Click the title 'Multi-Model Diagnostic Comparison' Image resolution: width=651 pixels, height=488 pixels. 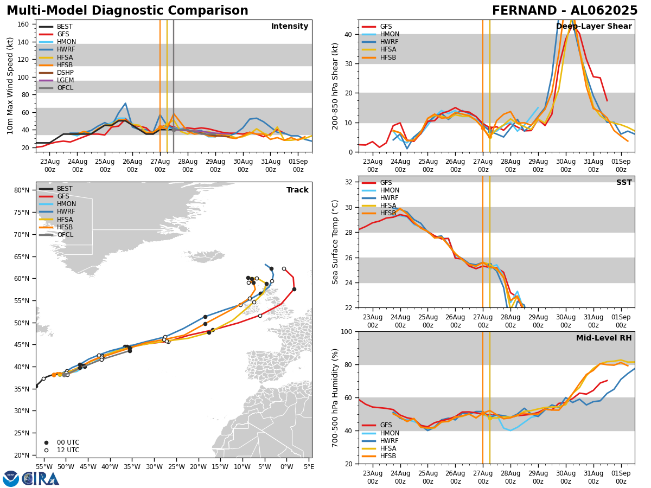[127, 11]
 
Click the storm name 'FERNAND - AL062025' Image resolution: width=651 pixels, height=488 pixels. [565, 11]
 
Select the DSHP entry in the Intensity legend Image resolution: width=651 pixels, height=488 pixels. [65, 73]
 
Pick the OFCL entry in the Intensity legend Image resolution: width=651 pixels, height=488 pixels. [65, 88]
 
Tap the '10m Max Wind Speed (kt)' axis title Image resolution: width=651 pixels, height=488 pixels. [10, 86]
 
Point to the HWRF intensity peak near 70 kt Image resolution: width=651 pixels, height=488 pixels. [125, 103]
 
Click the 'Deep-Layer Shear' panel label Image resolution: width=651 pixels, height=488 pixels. [593, 27]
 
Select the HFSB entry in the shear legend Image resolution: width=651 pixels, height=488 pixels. [388, 57]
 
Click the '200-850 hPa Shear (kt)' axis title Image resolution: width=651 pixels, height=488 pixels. [335, 86]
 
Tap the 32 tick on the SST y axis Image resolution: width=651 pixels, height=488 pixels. [350, 182]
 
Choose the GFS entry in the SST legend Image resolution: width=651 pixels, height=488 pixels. [386, 183]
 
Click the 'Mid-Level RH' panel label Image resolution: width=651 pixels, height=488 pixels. [604, 338]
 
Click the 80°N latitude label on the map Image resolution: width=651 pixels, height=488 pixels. [22, 190]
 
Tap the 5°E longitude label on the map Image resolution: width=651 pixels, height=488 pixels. [309, 466]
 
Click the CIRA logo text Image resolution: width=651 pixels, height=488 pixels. [40, 478]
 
